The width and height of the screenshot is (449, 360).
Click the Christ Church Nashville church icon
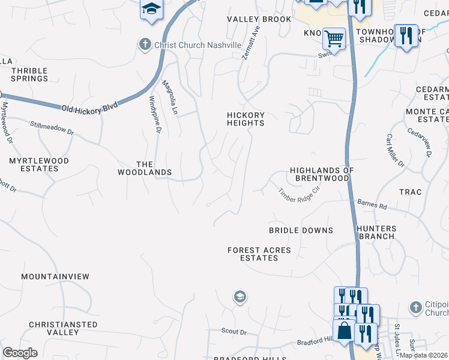coord(145,45)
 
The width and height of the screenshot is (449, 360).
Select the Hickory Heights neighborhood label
coord(246,119)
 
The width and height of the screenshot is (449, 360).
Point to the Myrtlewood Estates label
coord(39,164)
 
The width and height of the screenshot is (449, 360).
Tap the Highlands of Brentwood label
coord(321,174)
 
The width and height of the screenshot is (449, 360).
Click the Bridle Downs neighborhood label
coord(301,230)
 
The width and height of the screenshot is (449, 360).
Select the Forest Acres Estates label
coord(259,254)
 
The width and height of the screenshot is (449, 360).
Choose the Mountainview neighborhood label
coord(55,277)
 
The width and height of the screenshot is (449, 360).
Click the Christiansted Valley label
coord(63,328)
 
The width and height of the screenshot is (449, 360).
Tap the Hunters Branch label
coord(376,232)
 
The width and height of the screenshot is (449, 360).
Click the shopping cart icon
coord(334,39)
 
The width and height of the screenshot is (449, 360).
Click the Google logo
coord(20,353)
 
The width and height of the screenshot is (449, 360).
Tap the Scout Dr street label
coord(234,331)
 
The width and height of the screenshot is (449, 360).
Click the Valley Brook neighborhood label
coord(259,19)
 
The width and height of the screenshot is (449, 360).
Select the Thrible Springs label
coord(29,74)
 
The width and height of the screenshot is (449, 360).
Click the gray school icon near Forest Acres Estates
coord(240,296)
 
